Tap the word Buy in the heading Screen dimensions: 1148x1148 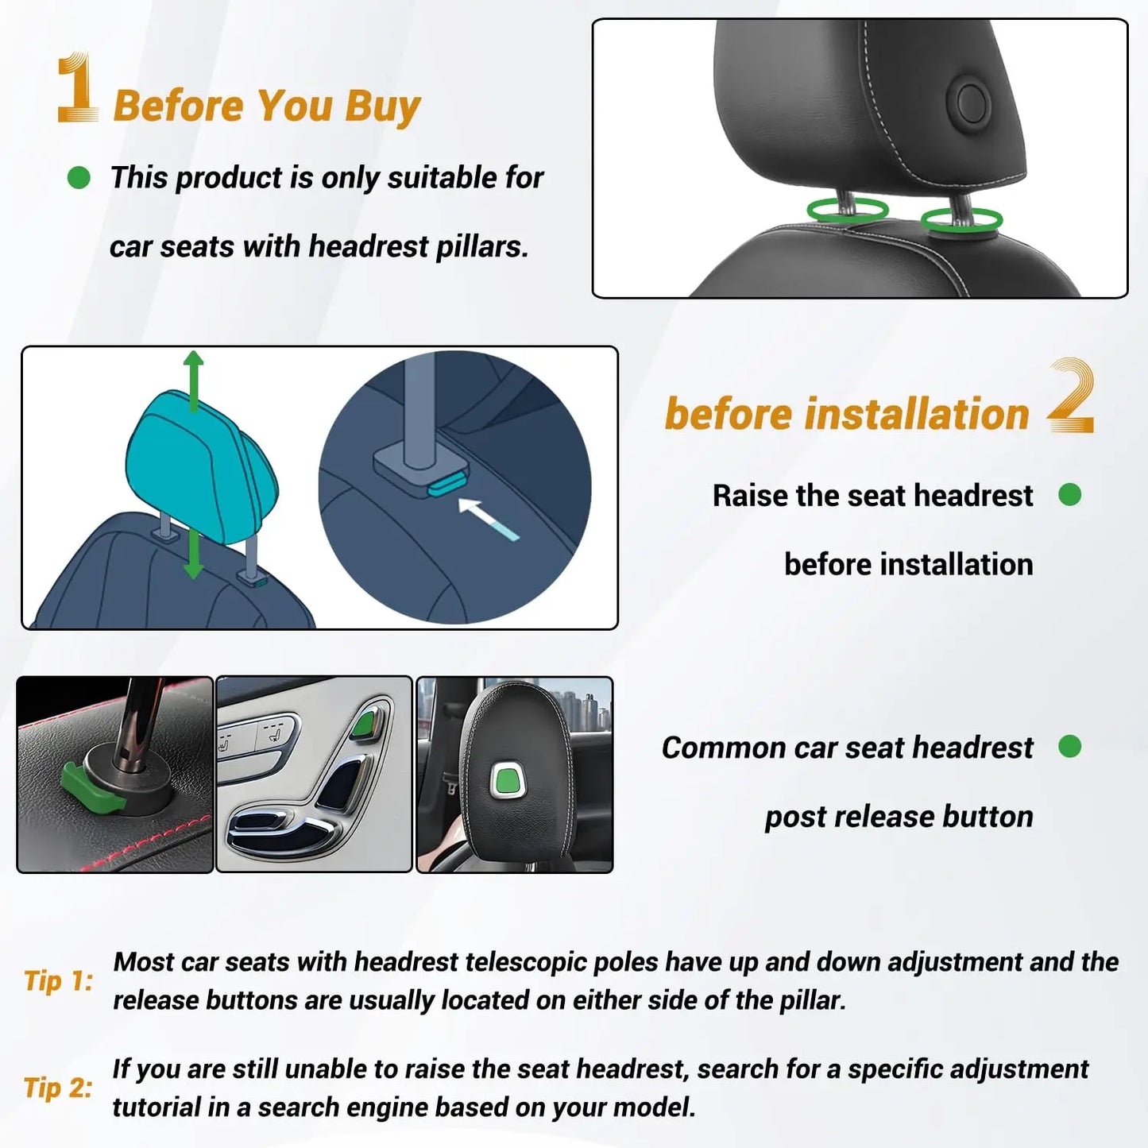pos(382,106)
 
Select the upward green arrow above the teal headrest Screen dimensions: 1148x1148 pos(193,380)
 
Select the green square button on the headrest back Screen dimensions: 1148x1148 pos(506,780)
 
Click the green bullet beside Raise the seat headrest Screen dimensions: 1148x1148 pos(1069,495)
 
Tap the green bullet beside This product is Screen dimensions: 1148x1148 pos(79,177)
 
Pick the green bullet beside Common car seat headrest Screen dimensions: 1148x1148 pos(1069,747)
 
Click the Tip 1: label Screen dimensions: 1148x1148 pos(58,981)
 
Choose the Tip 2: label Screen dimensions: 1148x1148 pos(58,1088)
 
